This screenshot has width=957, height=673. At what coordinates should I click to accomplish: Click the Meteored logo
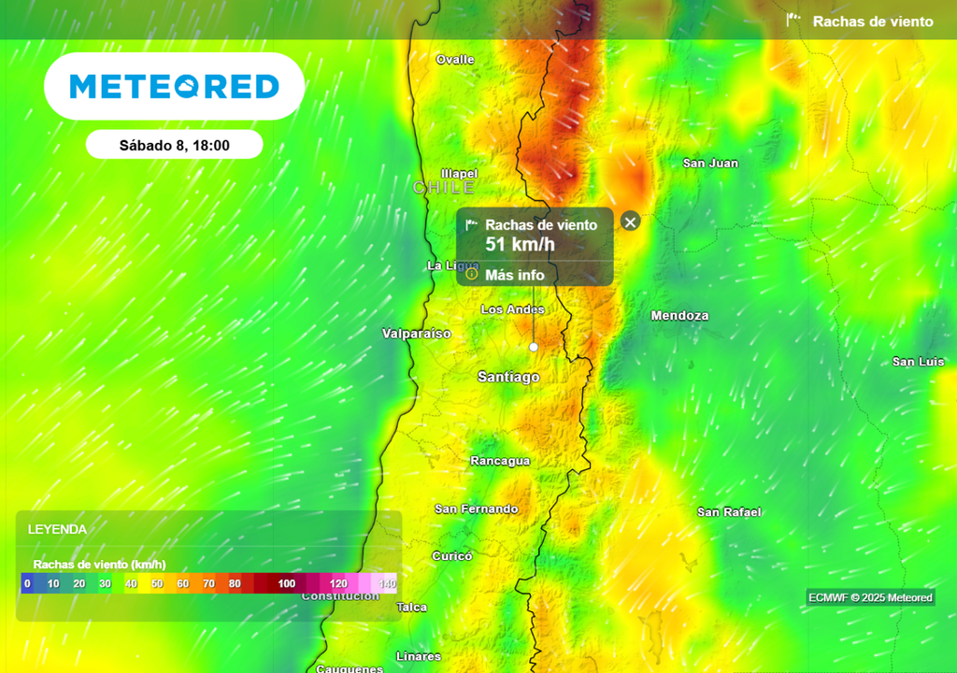pos(175,86)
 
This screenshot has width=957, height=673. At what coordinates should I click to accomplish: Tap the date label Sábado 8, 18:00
pos(175,145)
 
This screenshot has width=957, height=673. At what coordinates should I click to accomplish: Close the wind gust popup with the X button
pos(630,222)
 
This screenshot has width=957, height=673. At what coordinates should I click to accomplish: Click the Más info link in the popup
pos(514,275)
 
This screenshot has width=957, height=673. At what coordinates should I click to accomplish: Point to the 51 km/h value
pos(520,245)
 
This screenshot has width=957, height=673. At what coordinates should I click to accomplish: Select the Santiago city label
pos(508,377)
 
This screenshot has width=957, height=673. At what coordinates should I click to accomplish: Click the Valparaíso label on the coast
pos(417,334)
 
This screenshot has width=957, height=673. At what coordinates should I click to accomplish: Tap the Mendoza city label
pos(679,316)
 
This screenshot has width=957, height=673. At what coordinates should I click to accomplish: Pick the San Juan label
pos(710,164)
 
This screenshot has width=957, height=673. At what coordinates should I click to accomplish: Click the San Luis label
pos(918,362)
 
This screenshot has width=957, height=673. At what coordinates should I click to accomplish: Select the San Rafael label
pos(729,512)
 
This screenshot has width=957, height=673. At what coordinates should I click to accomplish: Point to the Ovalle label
pos(455,60)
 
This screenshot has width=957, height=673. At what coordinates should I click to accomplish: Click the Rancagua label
pos(500,461)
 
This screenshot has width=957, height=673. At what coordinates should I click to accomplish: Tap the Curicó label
pos(452,556)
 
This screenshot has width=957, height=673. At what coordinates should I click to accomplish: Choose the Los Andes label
pos(512,309)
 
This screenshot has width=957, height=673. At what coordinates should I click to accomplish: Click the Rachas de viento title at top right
pos(872,21)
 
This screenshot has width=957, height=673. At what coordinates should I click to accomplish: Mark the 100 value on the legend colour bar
pos(286,584)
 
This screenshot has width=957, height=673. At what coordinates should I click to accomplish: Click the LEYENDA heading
pos(57,529)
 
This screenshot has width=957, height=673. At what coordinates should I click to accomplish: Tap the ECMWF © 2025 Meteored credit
pos(870,598)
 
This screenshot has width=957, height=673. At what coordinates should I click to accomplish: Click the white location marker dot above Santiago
pos(534,347)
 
